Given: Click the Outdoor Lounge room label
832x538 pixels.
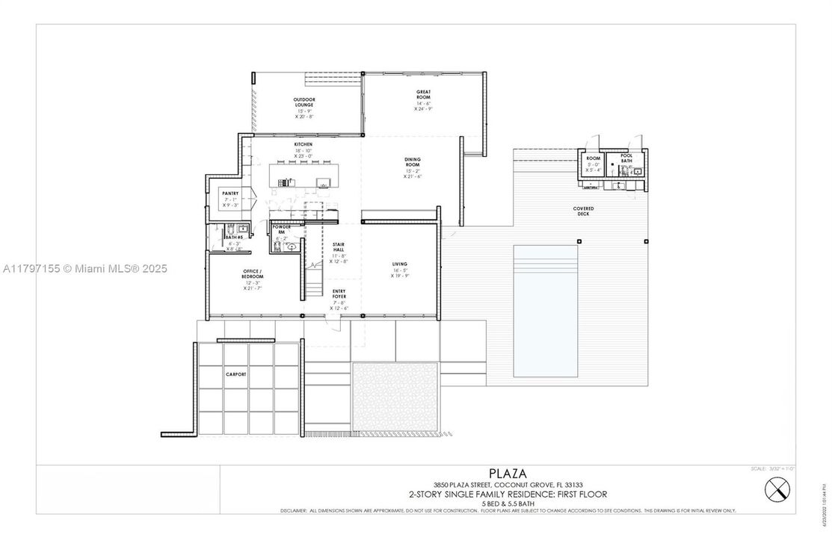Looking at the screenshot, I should (x=303, y=102).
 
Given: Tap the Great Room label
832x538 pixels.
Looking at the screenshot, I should (x=424, y=95).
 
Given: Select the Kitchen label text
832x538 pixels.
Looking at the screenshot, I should (x=303, y=144).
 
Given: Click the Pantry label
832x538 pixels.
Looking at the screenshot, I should (x=230, y=194).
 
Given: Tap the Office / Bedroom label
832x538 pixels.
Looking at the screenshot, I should (x=252, y=273).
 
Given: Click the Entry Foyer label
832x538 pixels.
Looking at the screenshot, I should (x=339, y=294).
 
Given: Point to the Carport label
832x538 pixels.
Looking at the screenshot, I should (x=236, y=373).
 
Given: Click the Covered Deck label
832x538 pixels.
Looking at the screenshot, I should (x=583, y=211).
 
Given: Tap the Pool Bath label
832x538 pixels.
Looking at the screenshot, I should (x=626, y=158).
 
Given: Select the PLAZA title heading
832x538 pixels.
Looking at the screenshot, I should (x=508, y=473).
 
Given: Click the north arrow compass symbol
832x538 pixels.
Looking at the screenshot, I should (x=777, y=490).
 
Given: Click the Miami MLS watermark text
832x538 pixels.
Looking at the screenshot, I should (x=84, y=268).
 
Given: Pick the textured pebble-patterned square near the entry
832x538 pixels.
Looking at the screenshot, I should (x=383, y=396).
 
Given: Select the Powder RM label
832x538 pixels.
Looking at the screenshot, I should (x=282, y=229).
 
